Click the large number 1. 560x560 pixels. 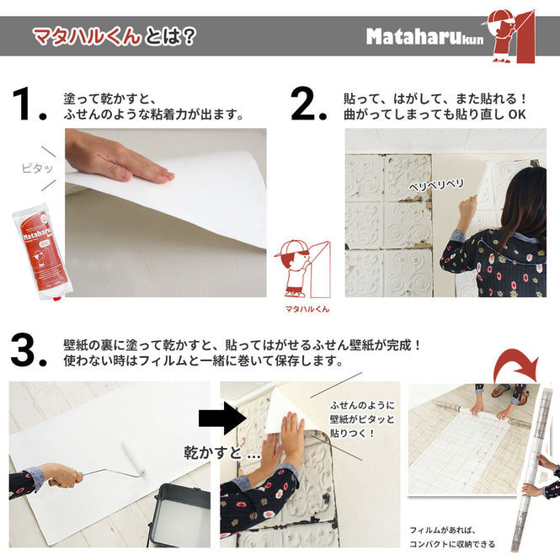[x=29, y=104]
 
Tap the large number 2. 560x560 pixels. [x=308, y=104]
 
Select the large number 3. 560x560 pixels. [x=29, y=350]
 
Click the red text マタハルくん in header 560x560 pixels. [x=86, y=36]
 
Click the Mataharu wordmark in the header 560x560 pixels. [x=413, y=37]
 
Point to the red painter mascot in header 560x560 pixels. [x=509, y=34]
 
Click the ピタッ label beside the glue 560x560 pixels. [x=35, y=168]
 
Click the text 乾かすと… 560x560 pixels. [x=221, y=453]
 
